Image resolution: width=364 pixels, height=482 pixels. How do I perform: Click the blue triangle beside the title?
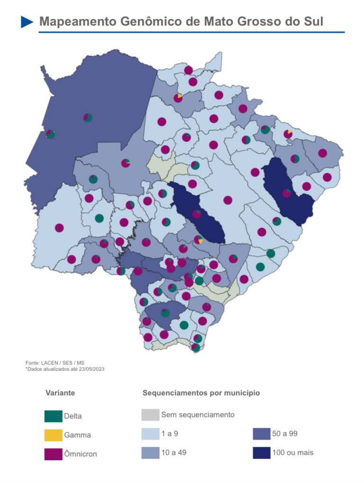(27, 22)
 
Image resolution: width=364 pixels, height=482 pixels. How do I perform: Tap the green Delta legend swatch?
(53, 416)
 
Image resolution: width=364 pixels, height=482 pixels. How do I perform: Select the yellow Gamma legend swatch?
(53, 435)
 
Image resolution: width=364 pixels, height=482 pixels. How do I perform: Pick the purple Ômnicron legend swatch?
(53, 454)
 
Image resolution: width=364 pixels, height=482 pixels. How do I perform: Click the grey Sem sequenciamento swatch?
(150, 415)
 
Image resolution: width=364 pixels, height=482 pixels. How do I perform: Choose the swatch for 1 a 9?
(150, 434)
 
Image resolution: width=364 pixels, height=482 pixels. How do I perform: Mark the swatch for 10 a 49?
(150, 453)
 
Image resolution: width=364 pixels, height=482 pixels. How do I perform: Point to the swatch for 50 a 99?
(262, 434)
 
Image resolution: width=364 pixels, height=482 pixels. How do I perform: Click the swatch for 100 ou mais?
(262, 453)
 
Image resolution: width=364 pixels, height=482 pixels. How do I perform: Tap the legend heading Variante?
(60, 393)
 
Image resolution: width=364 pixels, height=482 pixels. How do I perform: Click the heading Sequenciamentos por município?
(201, 393)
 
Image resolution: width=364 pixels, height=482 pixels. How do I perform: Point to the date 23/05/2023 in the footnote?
(90, 369)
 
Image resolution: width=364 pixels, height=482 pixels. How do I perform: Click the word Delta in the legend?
(73, 416)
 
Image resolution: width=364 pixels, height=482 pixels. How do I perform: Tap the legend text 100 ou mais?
(292, 453)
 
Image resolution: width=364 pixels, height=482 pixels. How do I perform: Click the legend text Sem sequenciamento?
(198, 415)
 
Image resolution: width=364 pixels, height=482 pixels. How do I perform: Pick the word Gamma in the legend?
(77, 435)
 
